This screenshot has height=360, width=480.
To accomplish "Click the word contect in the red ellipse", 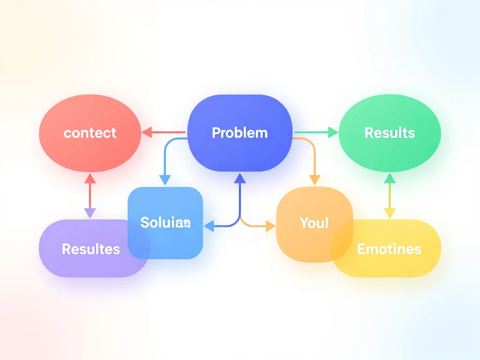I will click(x=90, y=133).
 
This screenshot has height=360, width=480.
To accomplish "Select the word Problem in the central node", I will click(x=240, y=133).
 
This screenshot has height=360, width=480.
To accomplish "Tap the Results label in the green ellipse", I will click(x=390, y=133).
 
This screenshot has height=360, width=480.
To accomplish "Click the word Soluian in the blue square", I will click(x=165, y=222).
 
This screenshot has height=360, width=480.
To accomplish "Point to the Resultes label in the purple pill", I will click(x=90, y=248).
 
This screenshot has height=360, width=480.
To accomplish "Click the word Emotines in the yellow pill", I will click(x=389, y=248).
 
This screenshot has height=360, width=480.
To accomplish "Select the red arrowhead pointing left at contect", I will click(x=146, y=133).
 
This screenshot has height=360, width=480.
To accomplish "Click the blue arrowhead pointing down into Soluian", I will click(x=165, y=180).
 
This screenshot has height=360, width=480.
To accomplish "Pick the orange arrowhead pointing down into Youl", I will click(x=315, y=179).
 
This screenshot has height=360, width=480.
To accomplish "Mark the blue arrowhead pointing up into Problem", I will click(x=240, y=178).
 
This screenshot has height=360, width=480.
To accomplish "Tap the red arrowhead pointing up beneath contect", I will click(x=90, y=178).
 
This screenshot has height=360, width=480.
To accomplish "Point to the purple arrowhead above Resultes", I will click(x=90, y=213).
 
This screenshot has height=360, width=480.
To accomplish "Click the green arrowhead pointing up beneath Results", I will click(x=390, y=178).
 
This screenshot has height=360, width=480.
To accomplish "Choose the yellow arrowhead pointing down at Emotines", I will click(x=390, y=213).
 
